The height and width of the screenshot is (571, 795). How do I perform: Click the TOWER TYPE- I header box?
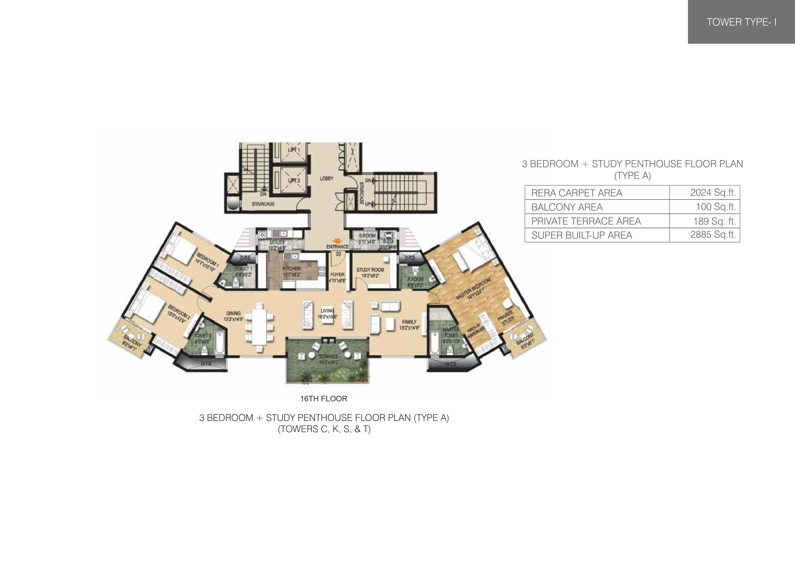[741, 22]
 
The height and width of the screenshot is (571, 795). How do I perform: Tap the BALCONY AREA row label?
[567, 207]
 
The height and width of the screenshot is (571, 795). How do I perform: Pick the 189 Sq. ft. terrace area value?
[714, 221]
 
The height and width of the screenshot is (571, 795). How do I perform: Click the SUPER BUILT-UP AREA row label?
[582, 235]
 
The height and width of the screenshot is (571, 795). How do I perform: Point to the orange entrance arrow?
[337, 241]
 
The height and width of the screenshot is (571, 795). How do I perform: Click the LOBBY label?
[326, 179]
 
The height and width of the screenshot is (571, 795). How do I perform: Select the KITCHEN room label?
[291, 269]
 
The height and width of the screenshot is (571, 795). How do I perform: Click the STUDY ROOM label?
[370, 270]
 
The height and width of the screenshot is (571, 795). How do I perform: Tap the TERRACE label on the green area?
[328, 356]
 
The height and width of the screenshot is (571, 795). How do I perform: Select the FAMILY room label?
[409, 321]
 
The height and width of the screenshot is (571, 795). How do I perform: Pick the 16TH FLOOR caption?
[324, 399]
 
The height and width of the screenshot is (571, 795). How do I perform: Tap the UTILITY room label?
[277, 242]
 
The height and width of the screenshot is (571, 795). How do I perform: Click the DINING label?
[233, 313]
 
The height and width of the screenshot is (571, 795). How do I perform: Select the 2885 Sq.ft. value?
[713, 235]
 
